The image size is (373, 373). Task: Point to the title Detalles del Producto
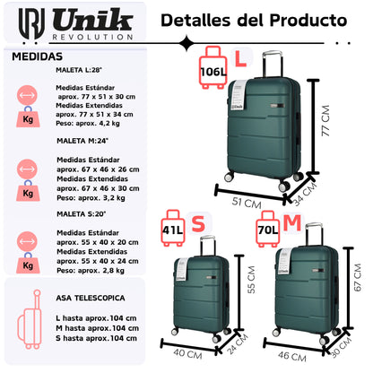255,19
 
